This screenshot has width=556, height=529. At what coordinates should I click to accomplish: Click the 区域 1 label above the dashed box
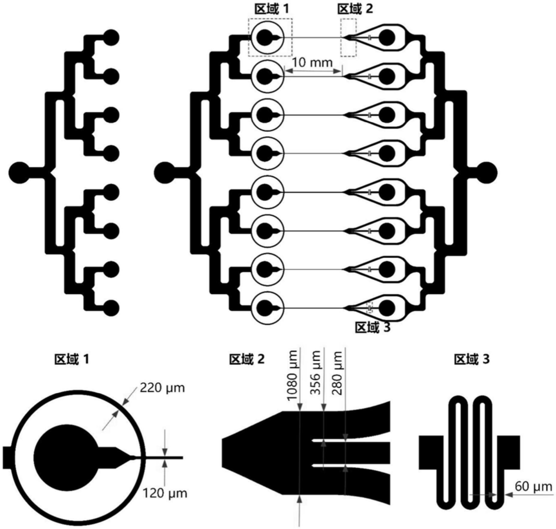(271, 9)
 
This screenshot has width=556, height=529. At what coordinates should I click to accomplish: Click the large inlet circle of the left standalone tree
(21, 172)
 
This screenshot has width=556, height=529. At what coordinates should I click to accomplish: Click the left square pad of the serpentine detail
(431, 452)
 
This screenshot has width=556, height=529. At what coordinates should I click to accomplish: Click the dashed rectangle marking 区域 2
(348, 38)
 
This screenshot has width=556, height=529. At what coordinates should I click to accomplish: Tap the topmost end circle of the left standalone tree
(111, 37)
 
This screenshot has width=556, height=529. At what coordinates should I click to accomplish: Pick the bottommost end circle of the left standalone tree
(111, 308)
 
